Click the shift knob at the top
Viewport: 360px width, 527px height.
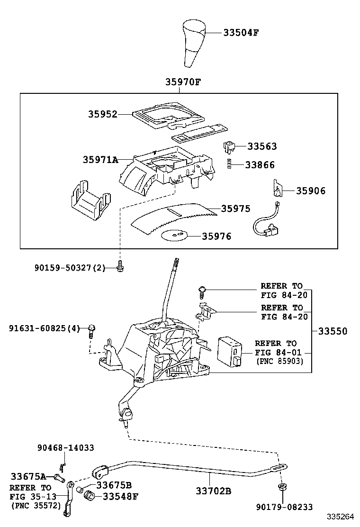click(x=194, y=43)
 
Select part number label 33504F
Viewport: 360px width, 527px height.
click(x=241, y=33)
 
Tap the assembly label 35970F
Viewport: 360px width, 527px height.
click(x=183, y=82)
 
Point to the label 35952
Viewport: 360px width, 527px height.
click(x=103, y=114)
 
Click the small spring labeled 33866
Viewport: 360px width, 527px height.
click(x=229, y=164)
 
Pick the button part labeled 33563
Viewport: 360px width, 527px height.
click(x=229, y=146)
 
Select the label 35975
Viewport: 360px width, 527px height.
click(x=236, y=209)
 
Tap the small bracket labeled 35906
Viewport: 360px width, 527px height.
click(x=277, y=188)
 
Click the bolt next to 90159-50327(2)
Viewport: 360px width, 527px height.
click(x=120, y=266)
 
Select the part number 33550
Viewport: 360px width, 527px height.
click(x=333, y=331)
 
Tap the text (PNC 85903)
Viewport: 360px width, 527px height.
click(x=280, y=362)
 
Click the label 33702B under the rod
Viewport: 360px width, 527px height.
click(x=214, y=491)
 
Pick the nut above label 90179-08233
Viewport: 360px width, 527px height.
click(x=282, y=487)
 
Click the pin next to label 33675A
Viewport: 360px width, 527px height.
click(x=60, y=477)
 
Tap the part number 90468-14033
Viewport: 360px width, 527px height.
click(x=65, y=448)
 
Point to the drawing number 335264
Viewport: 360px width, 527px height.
click(x=341, y=517)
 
